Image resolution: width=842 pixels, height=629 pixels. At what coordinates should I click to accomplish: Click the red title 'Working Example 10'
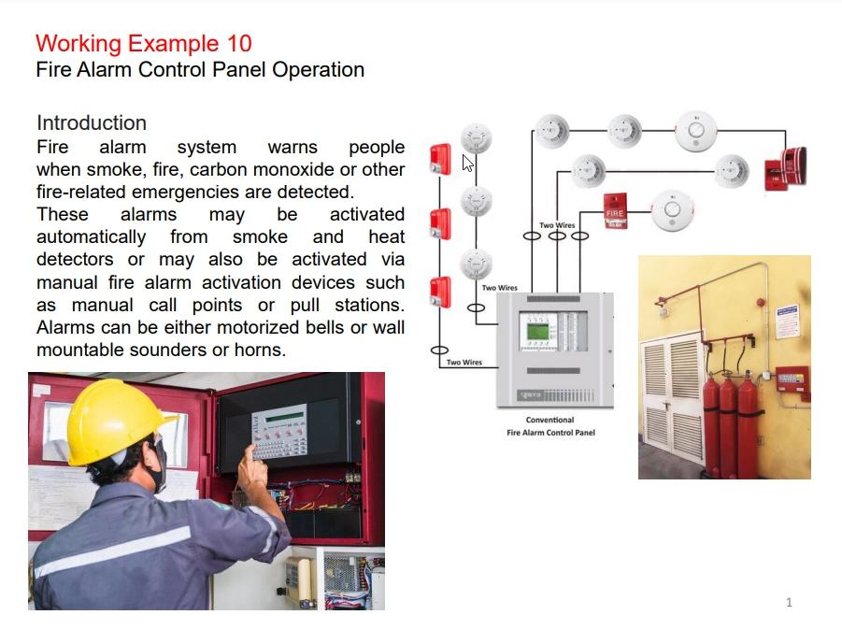click(x=143, y=43)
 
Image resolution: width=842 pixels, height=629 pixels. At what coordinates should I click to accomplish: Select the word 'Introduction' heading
click(x=92, y=122)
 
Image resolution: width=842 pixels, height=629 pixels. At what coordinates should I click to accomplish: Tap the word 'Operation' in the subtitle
click(x=318, y=69)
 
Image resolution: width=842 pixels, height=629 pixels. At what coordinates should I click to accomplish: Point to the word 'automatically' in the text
click(x=91, y=236)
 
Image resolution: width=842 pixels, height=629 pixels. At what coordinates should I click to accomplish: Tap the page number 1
click(x=789, y=602)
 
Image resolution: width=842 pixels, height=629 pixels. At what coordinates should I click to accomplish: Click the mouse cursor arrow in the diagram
click(x=468, y=164)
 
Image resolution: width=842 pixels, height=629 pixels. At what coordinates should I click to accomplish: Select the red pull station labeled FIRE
click(x=614, y=211)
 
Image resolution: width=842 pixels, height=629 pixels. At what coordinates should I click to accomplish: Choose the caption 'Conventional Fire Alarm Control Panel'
click(x=550, y=426)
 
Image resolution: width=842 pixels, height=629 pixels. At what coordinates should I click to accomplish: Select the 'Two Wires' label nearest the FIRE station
click(x=557, y=225)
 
